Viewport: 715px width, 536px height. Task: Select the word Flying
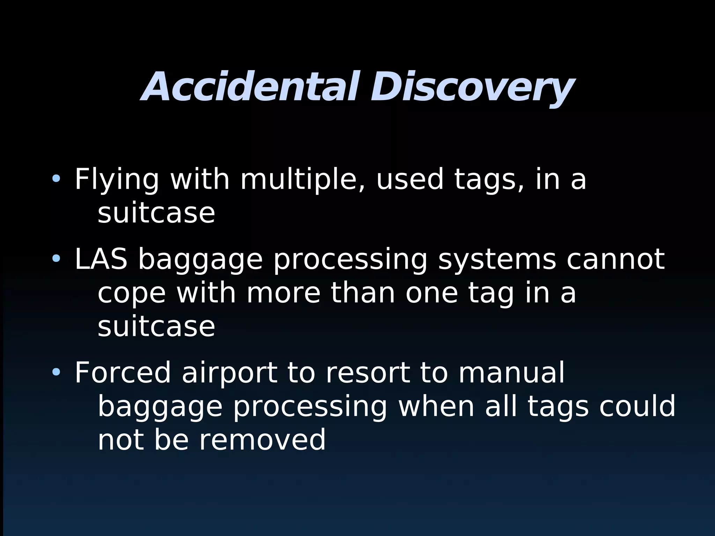(117, 179)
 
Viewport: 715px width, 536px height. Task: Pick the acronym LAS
(101, 259)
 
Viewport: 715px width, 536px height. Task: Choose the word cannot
(616, 259)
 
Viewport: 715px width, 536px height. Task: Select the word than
(363, 293)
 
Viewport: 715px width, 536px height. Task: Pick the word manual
(511, 373)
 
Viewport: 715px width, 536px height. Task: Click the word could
(637, 406)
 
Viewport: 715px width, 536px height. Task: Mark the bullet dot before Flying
(56, 179)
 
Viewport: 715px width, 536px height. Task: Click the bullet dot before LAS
(56, 259)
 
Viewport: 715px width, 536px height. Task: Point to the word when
(436, 406)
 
